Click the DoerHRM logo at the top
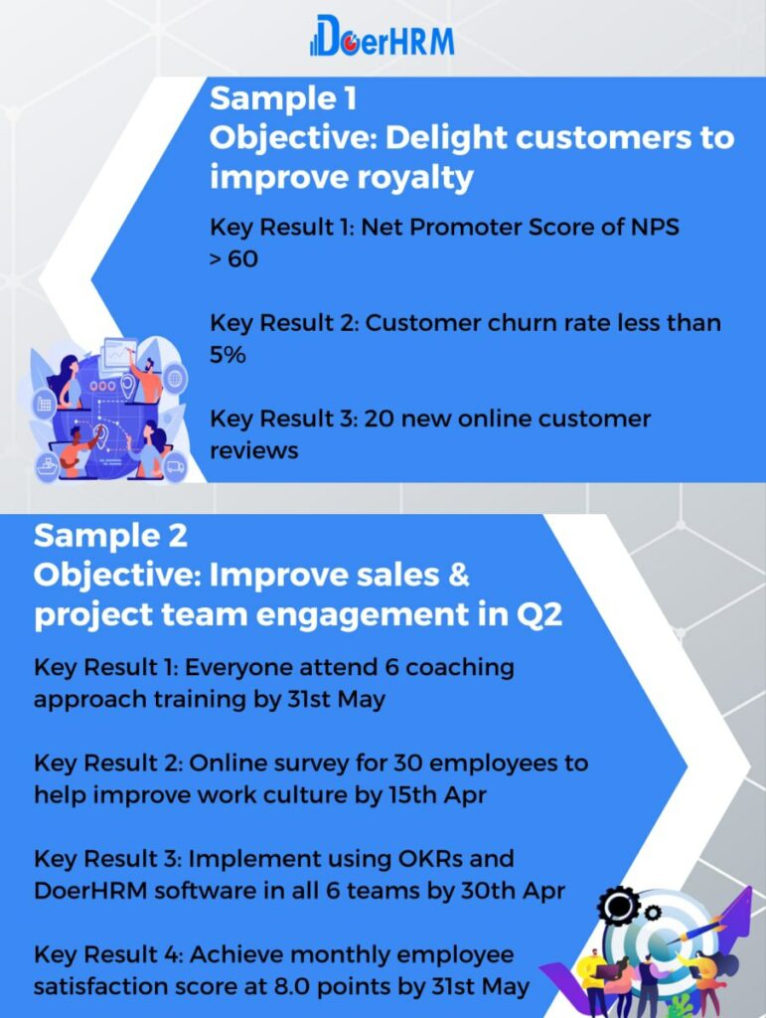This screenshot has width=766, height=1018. point(383,37)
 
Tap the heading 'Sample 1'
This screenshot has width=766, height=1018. point(283,98)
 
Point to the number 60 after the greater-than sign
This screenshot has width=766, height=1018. point(242,259)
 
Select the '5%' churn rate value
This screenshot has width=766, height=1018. point(227,355)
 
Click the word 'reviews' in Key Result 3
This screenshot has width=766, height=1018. point(253,450)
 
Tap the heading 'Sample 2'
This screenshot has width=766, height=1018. point(110,536)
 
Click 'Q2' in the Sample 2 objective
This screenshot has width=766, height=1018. point(539,614)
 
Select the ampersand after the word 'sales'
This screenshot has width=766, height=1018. point(458,575)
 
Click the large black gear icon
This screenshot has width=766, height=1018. point(619,905)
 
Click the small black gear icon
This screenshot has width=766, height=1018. point(653,913)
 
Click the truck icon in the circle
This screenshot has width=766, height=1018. point(175,466)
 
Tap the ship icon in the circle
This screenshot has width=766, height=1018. point(48,467)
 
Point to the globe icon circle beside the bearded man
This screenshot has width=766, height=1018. point(175,377)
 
